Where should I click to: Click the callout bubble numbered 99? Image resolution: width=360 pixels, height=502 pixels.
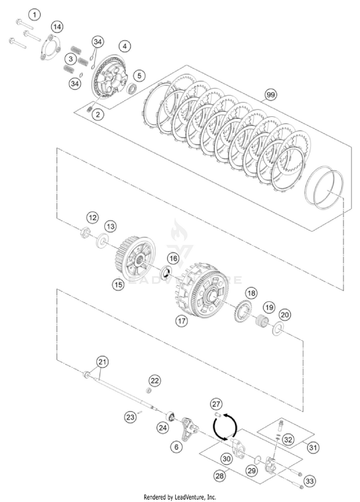(270, 95)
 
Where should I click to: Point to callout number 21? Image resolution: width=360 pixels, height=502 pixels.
(101, 361)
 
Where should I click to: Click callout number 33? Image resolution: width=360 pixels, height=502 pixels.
(310, 480)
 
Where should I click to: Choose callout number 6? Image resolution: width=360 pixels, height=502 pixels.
(177, 446)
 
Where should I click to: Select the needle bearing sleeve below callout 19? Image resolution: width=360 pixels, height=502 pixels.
(262, 321)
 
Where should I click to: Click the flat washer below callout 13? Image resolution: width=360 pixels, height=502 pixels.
(102, 239)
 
